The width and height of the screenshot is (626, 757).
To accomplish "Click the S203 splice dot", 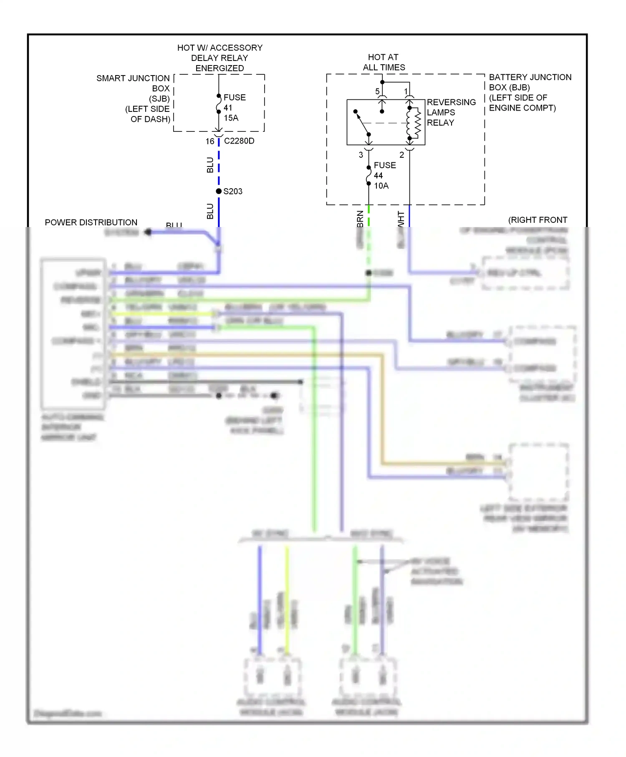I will click(x=219, y=191).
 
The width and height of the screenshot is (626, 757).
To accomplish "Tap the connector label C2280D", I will click(x=239, y=141).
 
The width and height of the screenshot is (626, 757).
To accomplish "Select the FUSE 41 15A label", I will click(x=234, y=108).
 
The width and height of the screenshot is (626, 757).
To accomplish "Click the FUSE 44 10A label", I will click(x=384, y=175).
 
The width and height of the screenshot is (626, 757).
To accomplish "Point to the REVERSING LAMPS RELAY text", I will click(x=451, y=112).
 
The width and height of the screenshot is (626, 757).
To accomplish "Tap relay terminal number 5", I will click(x=377, y=91).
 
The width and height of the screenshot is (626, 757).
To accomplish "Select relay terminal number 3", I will click(x=361, y=155).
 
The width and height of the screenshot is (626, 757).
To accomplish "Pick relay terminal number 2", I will click(x=401, y=155).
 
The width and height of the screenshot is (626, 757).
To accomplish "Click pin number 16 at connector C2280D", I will click(x=210, y=141).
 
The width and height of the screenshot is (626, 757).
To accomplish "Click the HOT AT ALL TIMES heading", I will click(x=384, y=62).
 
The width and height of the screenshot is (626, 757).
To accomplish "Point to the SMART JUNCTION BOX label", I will click(x=138, y=98).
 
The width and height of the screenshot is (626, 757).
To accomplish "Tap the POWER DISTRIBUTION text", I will click(x=91, y=222).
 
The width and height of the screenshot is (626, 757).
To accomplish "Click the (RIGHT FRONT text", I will click(x=538, y=220).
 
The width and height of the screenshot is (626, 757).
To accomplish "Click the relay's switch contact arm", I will click(x=362, y=123).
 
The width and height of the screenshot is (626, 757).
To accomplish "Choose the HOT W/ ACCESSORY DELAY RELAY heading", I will click(x=220, y=58).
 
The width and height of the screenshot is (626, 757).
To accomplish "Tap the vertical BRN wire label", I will click(x=361, y=219).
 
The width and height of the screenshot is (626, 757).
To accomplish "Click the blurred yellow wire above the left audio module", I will click(x=287, y=601).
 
